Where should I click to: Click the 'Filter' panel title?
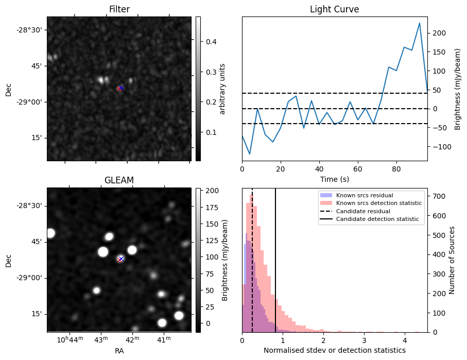click(x=119, y=9)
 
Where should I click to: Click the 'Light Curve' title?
click(x=334, y=9)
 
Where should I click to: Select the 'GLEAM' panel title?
click(x=119, y=180)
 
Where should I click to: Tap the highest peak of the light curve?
click(x=420, y=23)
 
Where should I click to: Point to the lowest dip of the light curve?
click(x=250, y=154)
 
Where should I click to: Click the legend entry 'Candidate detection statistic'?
click(x=378, y=219)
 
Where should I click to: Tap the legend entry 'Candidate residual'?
click(x=364, y=211)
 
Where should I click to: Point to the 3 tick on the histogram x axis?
click(x=364, y=340)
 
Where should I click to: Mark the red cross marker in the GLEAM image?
click(x=120, y=259)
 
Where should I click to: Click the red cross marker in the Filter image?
click(x=120, y=88)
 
